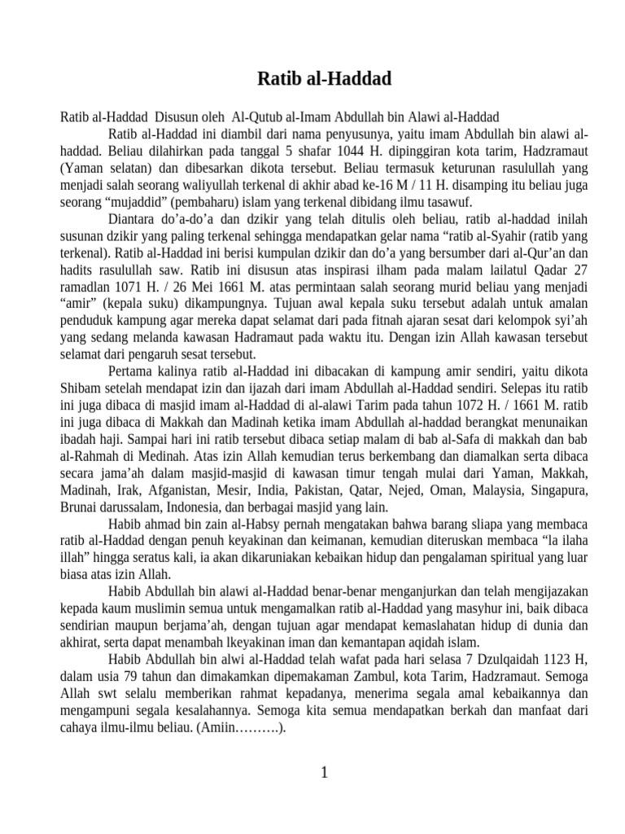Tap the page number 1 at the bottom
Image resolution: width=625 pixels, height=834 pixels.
(x=324, y=774)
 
